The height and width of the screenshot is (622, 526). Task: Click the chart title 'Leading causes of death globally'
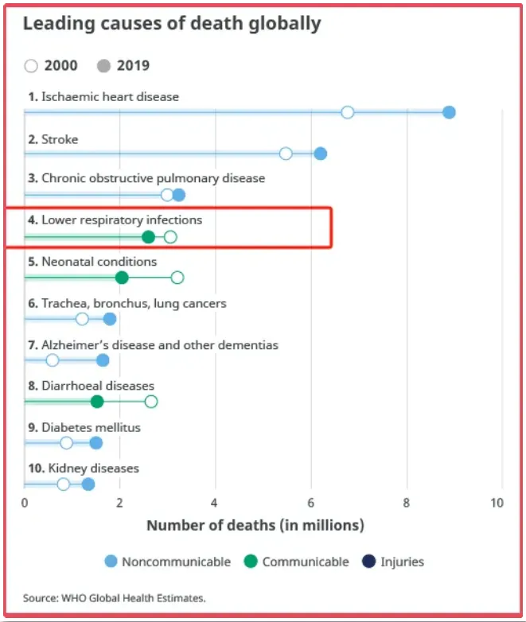click(172, 24)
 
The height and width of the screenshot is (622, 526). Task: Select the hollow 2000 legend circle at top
click(32, 66)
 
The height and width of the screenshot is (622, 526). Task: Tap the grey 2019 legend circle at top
click(103, 66)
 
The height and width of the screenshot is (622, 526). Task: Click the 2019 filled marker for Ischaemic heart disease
click(449, 112)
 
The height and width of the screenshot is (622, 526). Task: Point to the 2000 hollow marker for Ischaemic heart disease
click(347, 112)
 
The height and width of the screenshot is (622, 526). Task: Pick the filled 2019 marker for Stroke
click(320, 154)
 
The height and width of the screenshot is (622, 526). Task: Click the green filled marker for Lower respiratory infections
click(148, 237)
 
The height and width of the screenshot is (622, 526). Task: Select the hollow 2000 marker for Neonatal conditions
click(177, 278)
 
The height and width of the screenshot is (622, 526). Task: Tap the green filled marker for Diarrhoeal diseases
click(97, 402)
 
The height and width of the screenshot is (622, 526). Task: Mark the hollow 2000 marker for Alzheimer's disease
click(53, 360)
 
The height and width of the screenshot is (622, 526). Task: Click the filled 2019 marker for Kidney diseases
click(88, 484)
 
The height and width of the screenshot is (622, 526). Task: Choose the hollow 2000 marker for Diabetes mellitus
click(67, 443)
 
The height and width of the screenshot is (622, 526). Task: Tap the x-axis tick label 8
click(407, 503)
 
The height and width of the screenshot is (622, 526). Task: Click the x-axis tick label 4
click(215, 503)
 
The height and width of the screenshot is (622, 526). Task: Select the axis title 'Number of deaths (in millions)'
click(255, 525)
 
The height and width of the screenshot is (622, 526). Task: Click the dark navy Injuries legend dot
click(368, 562)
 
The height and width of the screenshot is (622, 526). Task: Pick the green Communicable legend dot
click(251, 562)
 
